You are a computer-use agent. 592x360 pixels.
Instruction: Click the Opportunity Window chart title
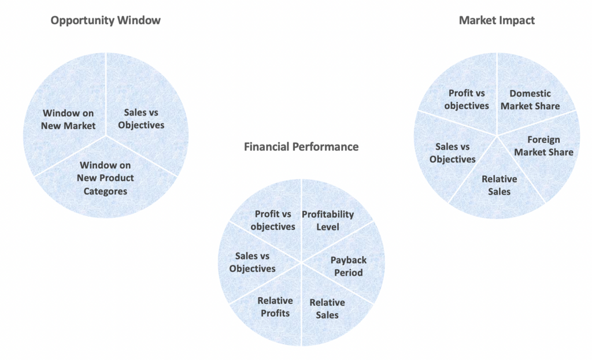pyautogui.click(x=105, y=21)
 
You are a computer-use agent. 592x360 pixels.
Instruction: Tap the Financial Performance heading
pyautogui.click(x=301, y=147)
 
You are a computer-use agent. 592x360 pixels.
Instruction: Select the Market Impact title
pyautogui.click(x=497, y=21)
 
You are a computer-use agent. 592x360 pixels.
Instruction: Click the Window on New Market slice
pyautogui.click(x=68, y=119)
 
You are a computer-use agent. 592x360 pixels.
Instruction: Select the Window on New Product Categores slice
pyautogui.click(x=105, y=178)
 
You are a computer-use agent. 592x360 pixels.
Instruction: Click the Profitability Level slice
pyautogui.click(x=328, y=220)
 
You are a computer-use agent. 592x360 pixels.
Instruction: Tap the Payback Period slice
pyautogui.click(x=348, y=266)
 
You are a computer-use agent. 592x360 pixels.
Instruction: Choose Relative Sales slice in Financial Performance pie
pyautogui.click(x=327, y=309)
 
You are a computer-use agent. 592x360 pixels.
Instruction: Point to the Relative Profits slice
pyautogui.click(x=275, y=306)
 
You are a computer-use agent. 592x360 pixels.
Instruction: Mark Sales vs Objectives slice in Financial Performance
pyautogui.click(x=252, y=262)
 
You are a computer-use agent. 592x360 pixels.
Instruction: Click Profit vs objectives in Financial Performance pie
pyautogui.click(x=273, y=220)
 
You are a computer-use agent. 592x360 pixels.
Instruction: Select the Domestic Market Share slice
pyautogui.click(x=530, y=99)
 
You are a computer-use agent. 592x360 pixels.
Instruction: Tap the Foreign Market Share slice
pyautogui.click(x=543, y=146)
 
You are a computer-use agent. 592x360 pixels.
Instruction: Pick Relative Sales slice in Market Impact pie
pyautogui.click(x=499, y=185)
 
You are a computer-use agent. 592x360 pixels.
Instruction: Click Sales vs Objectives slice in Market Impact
pyautogui.click(x=453, y=153)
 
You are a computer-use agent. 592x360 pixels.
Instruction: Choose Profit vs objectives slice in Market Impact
pyautogui.click(x=467, y=99)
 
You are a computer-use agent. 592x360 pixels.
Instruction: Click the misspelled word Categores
pyautogui.click(x=105, y=191)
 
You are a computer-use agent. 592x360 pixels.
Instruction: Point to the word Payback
pyautogui.click(x=349, y=260)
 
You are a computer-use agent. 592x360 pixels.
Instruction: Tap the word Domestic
pyautogui.click(x=530, y=94)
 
